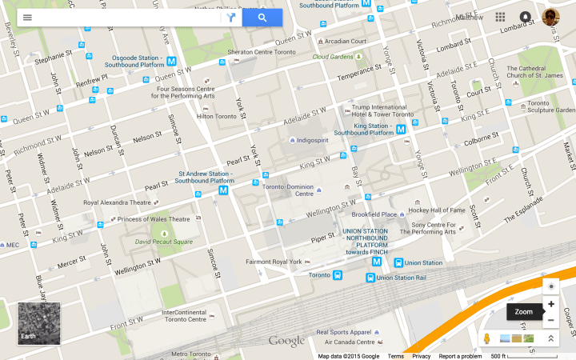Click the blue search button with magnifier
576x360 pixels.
(x=262, y=18)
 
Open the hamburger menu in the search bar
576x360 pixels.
(x=27, y=18)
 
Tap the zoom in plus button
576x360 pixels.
(x=550, y=304)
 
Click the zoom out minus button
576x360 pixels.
(x=550, y=320)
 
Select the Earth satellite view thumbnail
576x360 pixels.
(x=38, y=323)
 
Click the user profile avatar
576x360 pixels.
(x=550, y=18)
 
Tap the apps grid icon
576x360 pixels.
(x=500, y=17)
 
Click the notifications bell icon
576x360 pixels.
(x=525, y=17)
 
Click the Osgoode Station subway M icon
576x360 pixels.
(x=171, y=61)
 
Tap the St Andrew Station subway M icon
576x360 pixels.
(x=223, y=191)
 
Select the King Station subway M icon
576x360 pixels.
(x=401, y=129)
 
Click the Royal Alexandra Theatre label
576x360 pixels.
(x=117, y=203)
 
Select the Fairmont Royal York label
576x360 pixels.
(x=273, y=262)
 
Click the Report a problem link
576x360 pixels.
(x=459, y=356)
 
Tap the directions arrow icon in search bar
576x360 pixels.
(x=231, y=18)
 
